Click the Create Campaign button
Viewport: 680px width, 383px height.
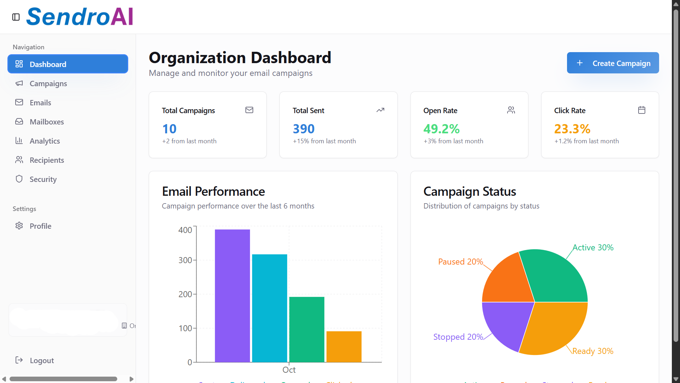point(613,63)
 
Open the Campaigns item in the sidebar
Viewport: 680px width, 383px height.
point(48,84)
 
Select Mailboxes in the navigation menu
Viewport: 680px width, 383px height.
point(47,122)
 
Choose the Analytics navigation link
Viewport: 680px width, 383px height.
point(45,141)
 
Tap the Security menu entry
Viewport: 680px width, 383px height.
point(43,179)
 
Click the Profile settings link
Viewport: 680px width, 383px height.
point(40,226)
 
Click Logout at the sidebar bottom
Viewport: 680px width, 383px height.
point(41,361)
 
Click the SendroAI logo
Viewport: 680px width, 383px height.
point(80,17)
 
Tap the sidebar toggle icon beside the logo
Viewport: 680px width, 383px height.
point(16,17)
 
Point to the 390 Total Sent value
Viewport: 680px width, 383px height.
point(304,129)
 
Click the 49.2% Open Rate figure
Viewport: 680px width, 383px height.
point(441,129)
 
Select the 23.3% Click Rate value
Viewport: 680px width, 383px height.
point(572,129)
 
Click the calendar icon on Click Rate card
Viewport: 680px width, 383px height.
point(641,110)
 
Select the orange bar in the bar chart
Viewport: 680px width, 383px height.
point(344,347)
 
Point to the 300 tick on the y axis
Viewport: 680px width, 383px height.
point(185,260)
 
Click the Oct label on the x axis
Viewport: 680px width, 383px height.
point(289,370)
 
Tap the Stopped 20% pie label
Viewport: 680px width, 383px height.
point(458,337)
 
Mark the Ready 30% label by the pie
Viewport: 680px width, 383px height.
point(593,351)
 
